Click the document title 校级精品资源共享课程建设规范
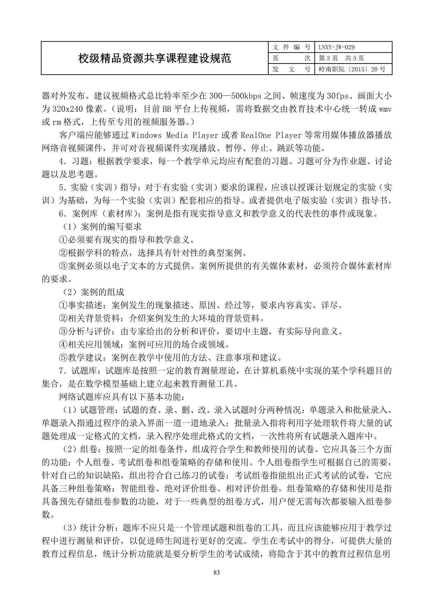click(x=154, y=58)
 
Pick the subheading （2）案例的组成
click(x=93, y=292)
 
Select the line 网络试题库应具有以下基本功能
click(x=122, y=397)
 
